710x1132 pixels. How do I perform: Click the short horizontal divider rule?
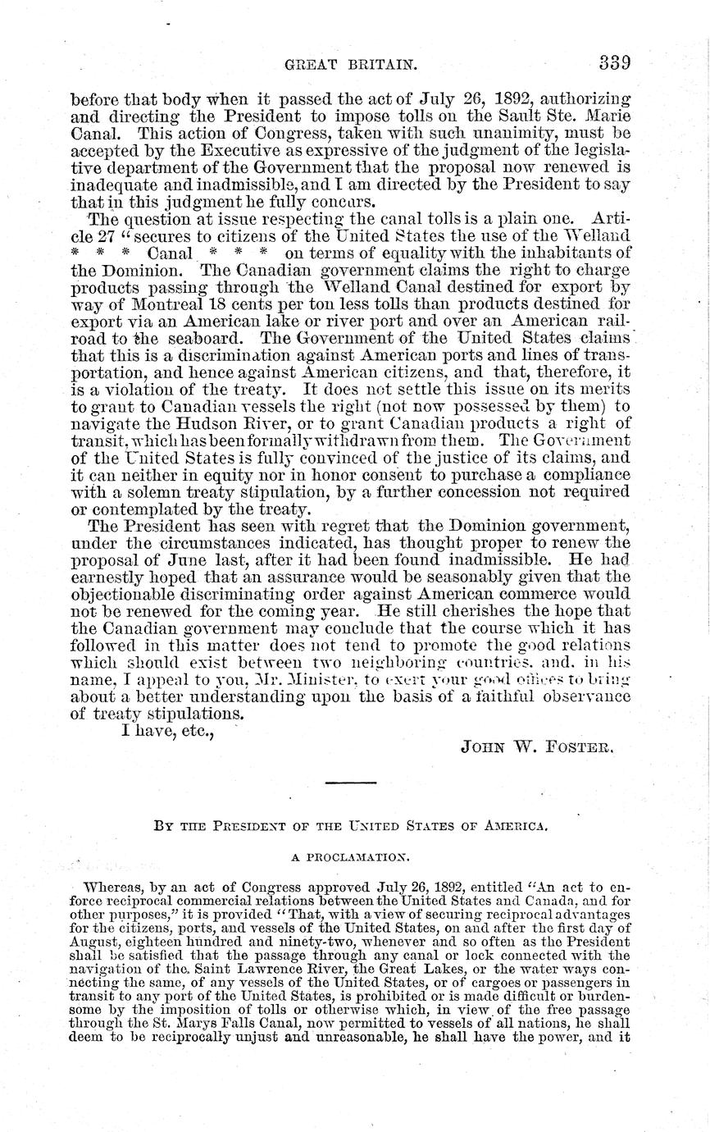click(349, 784)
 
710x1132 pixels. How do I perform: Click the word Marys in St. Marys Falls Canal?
click(175, 1025)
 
